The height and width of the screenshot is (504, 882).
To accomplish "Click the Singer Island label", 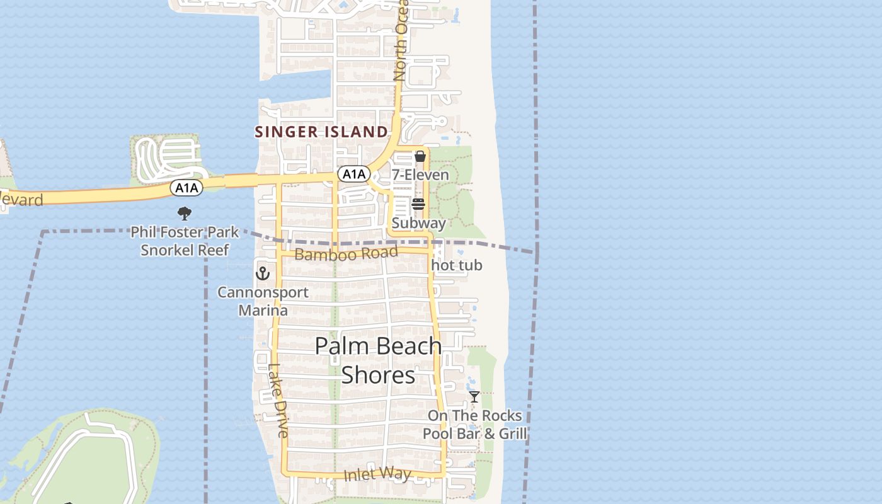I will point(321,132).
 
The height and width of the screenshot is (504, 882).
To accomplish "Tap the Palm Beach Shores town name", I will point(378,360).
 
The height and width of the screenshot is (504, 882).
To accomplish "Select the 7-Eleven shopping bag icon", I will point(420,156).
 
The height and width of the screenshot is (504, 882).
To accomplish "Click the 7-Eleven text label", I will point(420,175).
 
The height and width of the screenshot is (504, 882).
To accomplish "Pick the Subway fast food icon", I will point(418,204).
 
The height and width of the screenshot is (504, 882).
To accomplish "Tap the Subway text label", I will point(418,223).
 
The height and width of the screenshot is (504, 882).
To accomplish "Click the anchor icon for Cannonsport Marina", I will point(263,273).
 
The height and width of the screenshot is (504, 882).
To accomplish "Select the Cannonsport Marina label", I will point(263,301).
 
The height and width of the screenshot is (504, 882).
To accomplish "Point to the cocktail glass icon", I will point(474,397).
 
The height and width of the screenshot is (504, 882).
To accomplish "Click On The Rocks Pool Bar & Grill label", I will point(474,425).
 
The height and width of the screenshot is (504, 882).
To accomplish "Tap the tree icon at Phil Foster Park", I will point(184,214).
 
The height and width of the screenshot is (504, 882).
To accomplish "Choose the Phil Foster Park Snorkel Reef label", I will point(185,241).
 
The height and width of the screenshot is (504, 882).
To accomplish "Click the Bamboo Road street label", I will point(346,254).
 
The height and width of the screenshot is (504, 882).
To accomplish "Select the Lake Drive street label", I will point(278,401).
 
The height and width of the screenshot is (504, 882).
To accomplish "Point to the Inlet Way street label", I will point(377,474).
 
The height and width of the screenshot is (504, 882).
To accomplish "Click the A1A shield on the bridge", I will point(186,187).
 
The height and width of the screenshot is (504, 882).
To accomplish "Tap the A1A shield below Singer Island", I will point(353,174).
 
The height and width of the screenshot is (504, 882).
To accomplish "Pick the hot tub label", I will point(457,265).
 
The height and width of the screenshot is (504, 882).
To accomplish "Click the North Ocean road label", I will point(401,41).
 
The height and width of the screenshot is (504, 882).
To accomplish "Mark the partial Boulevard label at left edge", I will point(21,200).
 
